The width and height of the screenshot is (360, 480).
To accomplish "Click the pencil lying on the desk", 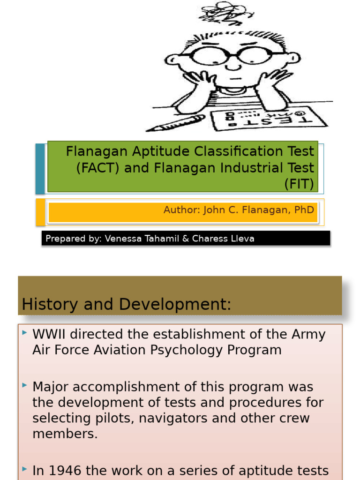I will coord(175,123).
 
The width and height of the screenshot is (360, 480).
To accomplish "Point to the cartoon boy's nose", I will coord(233,66).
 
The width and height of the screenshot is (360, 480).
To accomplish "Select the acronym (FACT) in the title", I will coord(98,168).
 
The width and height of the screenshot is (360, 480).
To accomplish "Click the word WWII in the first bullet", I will coord(49,335).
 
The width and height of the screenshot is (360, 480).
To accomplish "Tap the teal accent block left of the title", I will coord(40,168).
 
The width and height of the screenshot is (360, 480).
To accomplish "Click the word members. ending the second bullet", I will coord(65,434).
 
